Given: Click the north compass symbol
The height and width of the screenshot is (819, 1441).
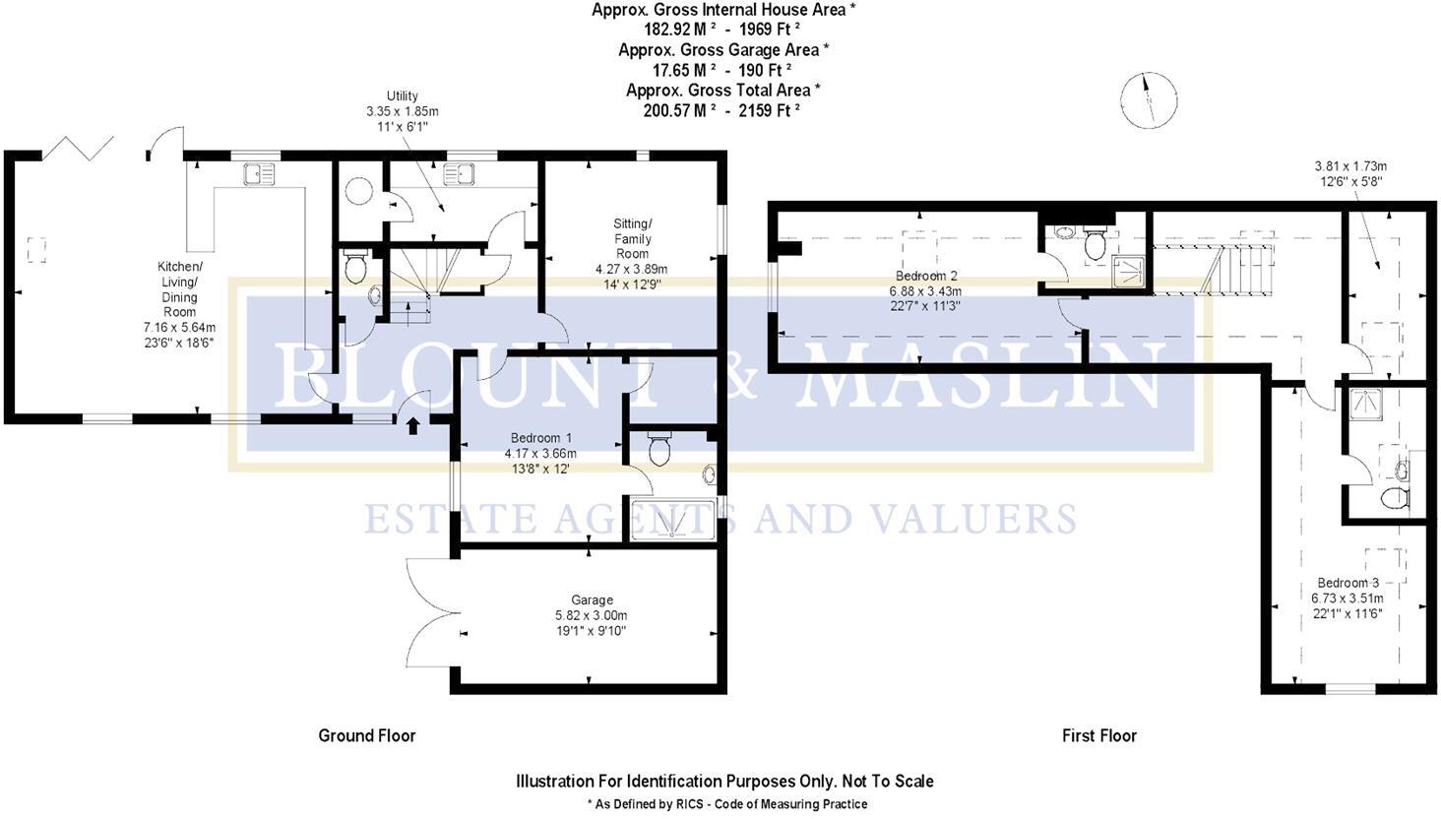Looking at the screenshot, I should click(1148, 99).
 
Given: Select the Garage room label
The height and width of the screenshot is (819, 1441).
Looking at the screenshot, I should click(592, 599).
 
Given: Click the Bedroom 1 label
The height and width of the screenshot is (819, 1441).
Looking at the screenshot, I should click(541, 438).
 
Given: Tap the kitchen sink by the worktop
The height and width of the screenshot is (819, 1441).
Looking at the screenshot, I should click(261, 175).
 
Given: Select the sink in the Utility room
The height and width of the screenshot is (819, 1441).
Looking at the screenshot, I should click(459, 175).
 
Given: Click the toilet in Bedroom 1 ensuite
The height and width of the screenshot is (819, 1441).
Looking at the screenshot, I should click(659, 449).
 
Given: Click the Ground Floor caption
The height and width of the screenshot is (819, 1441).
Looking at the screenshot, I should click(366, 735).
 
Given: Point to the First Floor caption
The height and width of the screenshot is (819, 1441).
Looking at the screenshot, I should click(1098, 735).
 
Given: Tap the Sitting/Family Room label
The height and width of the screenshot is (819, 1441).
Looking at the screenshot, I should click(632, 238).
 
